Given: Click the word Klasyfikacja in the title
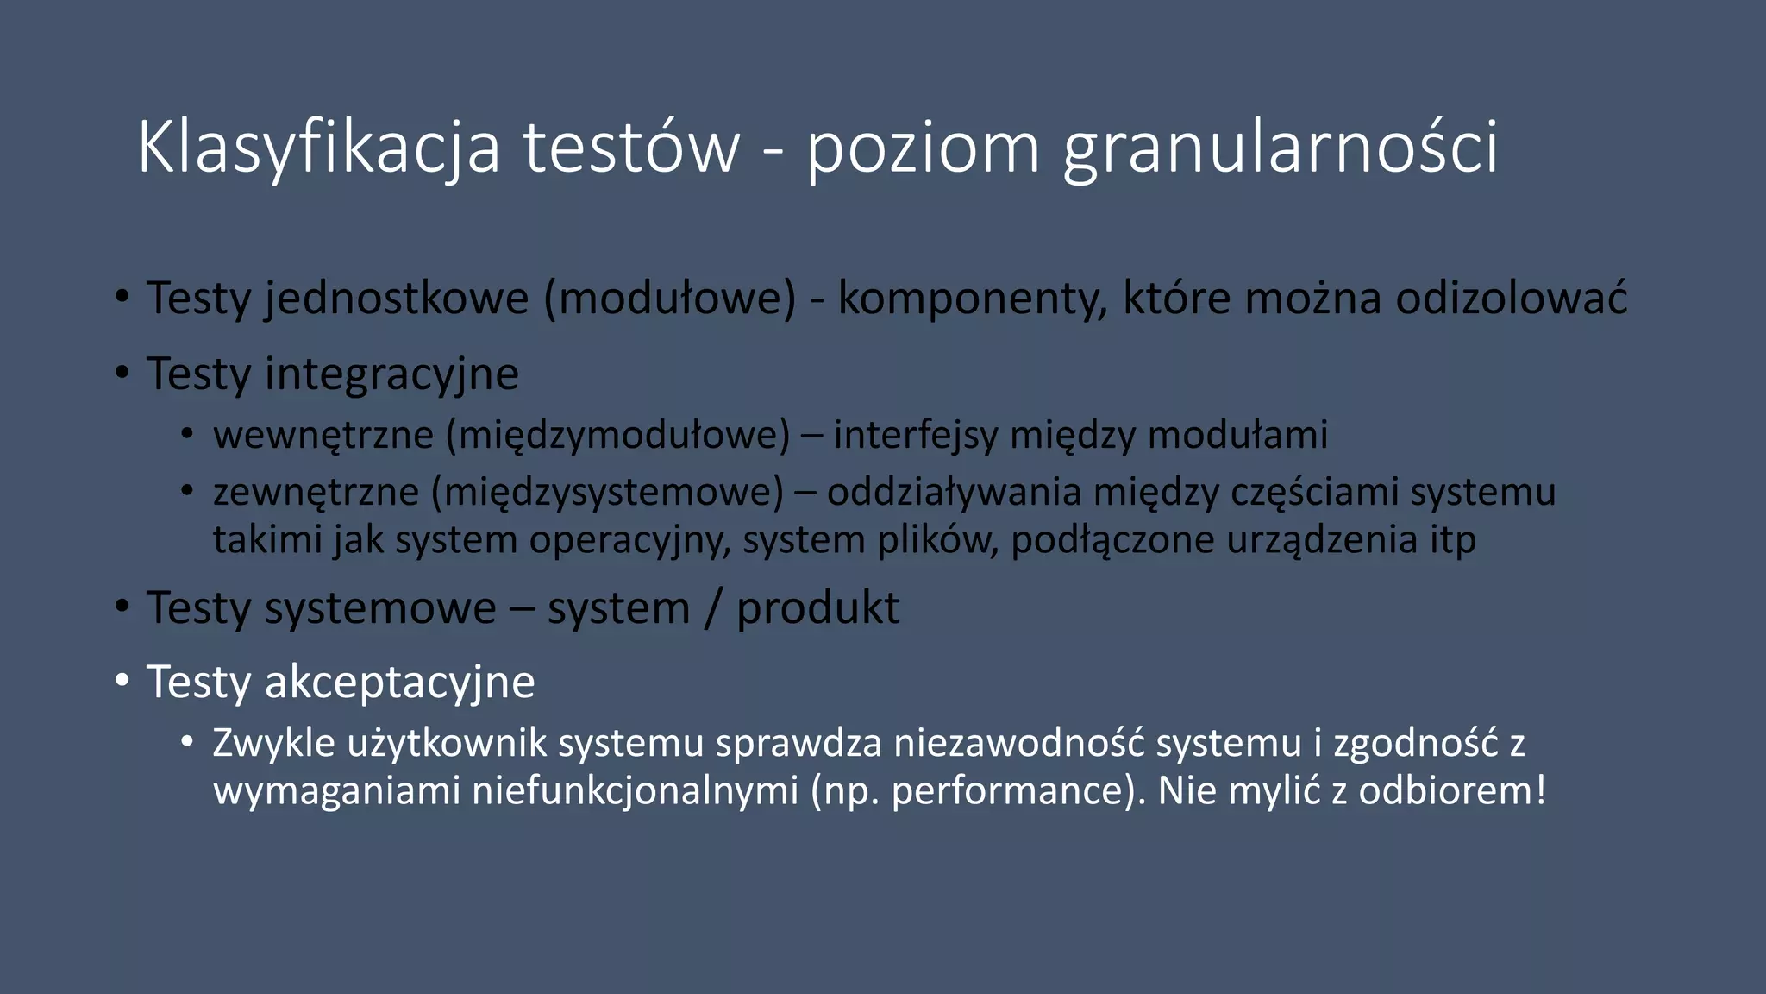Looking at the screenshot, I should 318,148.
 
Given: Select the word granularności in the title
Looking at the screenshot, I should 1281,148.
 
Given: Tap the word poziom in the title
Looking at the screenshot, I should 923,148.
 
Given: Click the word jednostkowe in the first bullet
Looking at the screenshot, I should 397,299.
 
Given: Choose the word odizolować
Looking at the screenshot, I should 1512,299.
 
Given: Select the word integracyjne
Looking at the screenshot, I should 392,374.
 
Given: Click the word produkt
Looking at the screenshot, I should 817,608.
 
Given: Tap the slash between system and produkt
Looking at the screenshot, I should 712,608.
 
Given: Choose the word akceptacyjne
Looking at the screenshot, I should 400,683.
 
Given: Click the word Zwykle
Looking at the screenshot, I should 273,743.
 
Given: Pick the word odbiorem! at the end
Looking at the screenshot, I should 1452,791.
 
